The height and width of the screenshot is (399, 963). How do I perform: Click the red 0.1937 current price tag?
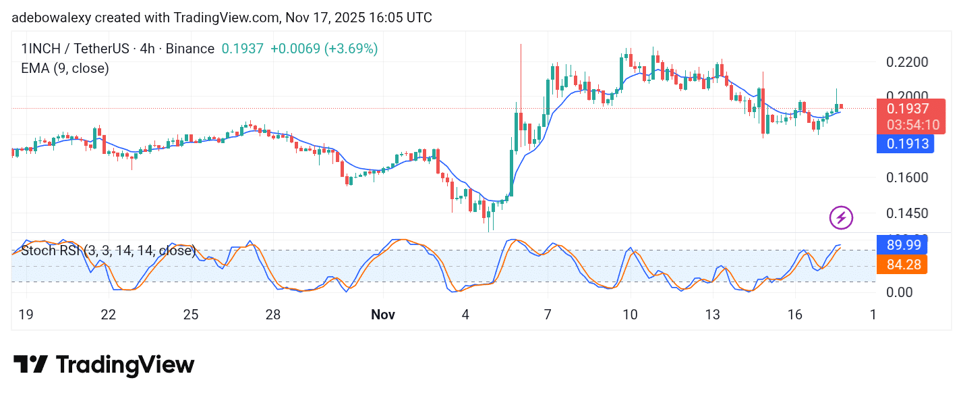(x=908, y=109)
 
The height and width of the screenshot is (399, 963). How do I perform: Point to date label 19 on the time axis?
(x=26, y=315)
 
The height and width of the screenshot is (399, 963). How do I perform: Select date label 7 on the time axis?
(x=548, y=315)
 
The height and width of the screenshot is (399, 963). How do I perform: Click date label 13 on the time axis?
(x=713, y=315)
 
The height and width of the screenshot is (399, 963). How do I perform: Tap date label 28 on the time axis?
(x=272, y=315)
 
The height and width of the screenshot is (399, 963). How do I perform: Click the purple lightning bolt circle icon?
(x=841, y=218)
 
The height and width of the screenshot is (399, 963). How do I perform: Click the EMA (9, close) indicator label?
(x=65, y=68)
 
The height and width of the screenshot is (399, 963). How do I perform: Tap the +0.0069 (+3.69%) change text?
(x=324, y=49)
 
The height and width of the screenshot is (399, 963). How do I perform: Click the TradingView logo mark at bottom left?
(x=30, y=365)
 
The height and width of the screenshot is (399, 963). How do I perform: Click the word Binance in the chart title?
(x=189, y=49)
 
